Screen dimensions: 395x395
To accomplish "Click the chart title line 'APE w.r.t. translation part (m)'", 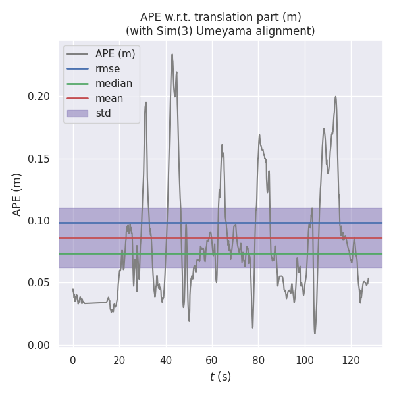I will tap(220, 17).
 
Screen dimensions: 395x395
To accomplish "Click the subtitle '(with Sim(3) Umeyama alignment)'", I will tap(220, 31).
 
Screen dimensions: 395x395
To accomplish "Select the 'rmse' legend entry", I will tap(107, 68).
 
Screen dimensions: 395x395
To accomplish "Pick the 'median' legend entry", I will tap(114, 84).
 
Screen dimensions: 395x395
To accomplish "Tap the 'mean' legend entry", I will tap(109, 99).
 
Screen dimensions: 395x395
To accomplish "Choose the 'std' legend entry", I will tap(103, 113).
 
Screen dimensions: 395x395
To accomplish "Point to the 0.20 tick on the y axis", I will tap(39, 97).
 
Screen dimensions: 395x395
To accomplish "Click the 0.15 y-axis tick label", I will tap(39, 159).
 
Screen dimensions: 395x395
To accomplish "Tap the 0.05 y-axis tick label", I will tap(39, 283).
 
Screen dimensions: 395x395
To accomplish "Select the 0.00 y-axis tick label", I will tap(39, 345).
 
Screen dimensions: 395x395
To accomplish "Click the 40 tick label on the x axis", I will tap(165, 360).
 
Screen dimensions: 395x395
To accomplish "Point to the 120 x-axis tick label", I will tap(351, 360).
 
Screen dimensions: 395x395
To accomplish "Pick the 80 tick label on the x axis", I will tap(258, 360).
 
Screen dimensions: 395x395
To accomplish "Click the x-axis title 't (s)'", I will tap(220, 377).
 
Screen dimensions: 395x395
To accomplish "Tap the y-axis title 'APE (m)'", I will tap(17, 194).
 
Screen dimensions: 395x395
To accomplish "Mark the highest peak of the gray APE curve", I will tap(172, 55).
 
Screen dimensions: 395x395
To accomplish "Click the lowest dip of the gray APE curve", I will tap(315, 333).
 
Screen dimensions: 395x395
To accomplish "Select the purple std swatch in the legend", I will tap(78, 113).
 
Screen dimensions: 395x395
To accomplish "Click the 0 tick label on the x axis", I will tap(73, 360).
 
